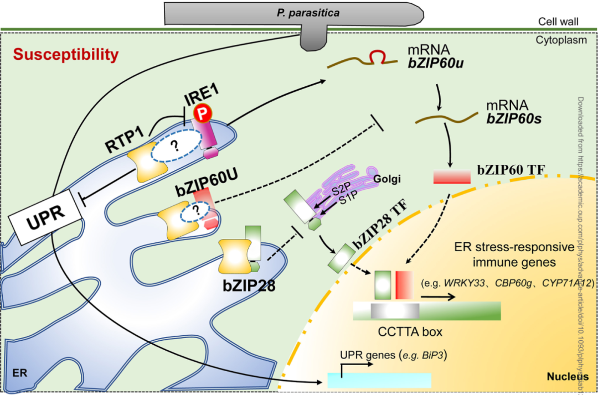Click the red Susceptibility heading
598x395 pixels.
point(66,54)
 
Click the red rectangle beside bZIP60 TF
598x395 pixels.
point(451,176)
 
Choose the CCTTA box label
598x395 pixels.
point(410,332)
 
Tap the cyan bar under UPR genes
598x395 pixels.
point(379,380)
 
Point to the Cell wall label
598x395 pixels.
point(558,22)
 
